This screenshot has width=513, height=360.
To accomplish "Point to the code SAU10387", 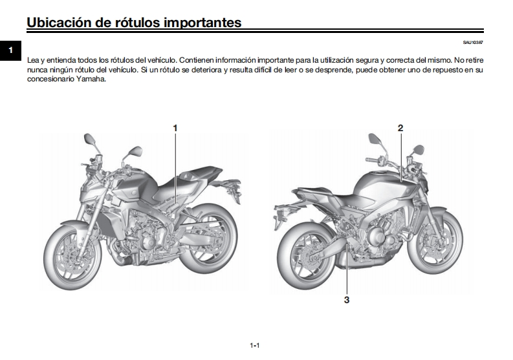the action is tap(473, 43).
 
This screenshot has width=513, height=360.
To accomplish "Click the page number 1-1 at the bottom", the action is tap(255, 346).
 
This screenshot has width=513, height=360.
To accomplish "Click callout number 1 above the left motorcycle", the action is tap(175, 128).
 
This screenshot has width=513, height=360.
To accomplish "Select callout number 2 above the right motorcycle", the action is tap(400, 128).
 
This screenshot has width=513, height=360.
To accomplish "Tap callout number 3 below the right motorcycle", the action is tap(347, 300).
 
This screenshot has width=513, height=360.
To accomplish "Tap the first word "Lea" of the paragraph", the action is tap(33, 58).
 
